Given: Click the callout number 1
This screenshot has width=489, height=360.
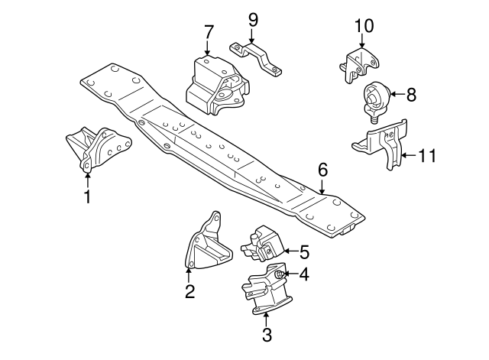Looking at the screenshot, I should pos(87,196).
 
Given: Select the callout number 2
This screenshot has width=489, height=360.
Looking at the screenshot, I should pos(189,290).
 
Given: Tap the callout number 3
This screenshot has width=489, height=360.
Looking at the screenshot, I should pos(266,334).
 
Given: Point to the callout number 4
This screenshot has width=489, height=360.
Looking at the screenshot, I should pos(303,273).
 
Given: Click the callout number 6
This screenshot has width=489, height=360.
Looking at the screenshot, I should pos(322,170).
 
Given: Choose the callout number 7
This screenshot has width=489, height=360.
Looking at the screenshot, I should pos(208,32).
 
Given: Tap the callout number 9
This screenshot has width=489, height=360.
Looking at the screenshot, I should pos(253,17).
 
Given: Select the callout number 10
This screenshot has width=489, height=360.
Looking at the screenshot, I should pos(364,25).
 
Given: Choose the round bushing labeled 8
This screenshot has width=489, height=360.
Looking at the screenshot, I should pos(375,98).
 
